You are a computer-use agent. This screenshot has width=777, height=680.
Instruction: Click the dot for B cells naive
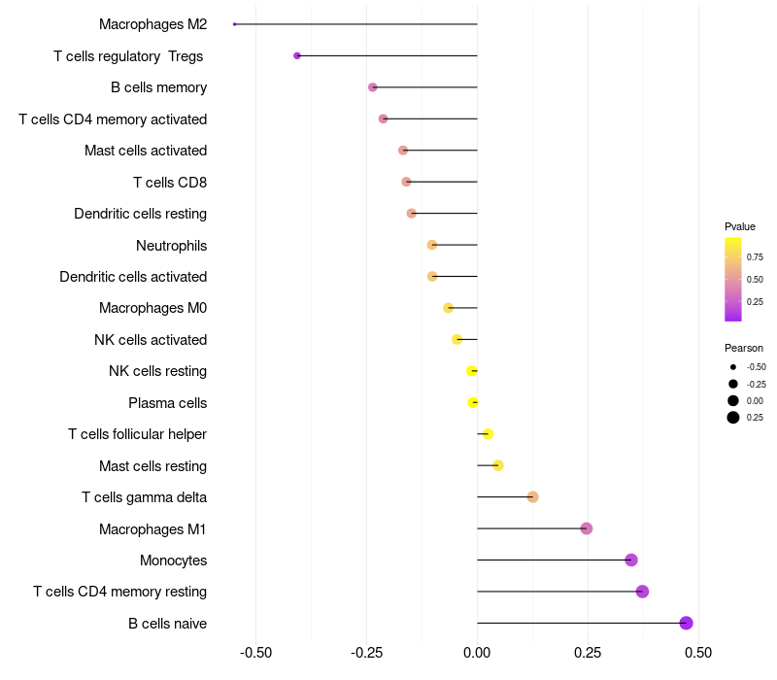click(x=687, y=623)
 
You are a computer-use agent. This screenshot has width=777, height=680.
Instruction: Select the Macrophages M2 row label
click(x=152, y=24)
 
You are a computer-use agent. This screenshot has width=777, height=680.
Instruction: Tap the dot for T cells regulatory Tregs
click(x=297, y=55)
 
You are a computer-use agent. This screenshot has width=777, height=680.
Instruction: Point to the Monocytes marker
click(x=631, y=560)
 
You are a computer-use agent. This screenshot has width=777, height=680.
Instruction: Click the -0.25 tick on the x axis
click(x=366, y=652)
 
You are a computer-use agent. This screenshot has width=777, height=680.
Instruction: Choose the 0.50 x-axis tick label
click(x=698, y=652)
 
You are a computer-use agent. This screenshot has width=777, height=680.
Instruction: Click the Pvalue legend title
click(x=740, y=226)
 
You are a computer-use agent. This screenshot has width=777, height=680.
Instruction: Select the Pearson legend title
click(x=744, y=348)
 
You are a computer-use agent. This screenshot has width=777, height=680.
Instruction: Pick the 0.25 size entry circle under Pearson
click(x=733, y=418)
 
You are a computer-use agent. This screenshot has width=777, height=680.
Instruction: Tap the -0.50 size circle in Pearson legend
click(x=733, y=367)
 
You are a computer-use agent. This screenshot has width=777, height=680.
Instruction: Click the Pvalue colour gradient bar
click(x=733, y=279)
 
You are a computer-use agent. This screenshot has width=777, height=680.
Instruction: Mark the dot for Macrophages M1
click(x=587, y=528)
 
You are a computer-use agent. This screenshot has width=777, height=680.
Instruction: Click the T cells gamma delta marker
click(x=532, y=496)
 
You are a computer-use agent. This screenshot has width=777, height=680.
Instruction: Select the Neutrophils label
click(x=171, y=245)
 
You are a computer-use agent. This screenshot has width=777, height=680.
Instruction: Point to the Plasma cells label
click(x=167, y=402)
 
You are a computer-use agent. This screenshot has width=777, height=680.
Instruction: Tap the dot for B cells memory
click(x=373, y=87)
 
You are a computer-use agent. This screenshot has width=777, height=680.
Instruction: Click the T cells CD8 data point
click(x=406, y=182)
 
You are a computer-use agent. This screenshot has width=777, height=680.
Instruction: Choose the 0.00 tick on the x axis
click(x=477, y=652)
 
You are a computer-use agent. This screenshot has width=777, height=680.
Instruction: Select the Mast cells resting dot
click(x=498, y=465)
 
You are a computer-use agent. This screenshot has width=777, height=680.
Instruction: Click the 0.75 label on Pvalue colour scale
click(x=755, y=257)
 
